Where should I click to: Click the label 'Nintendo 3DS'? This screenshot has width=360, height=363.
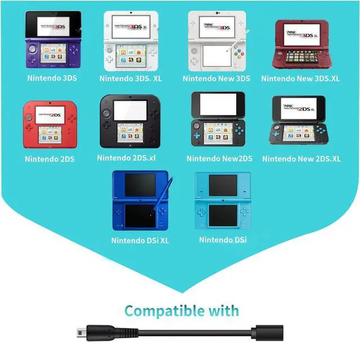[52, 78]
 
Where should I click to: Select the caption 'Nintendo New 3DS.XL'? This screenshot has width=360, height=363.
[300, 79]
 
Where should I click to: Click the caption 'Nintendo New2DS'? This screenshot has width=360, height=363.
[219, 159]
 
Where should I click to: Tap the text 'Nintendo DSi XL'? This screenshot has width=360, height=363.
[140, 241]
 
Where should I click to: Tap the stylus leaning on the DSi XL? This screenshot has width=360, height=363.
[166, 194]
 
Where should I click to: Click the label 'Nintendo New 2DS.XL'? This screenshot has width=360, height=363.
[301, 159]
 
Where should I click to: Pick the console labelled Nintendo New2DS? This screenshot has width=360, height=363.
[219, 122]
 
